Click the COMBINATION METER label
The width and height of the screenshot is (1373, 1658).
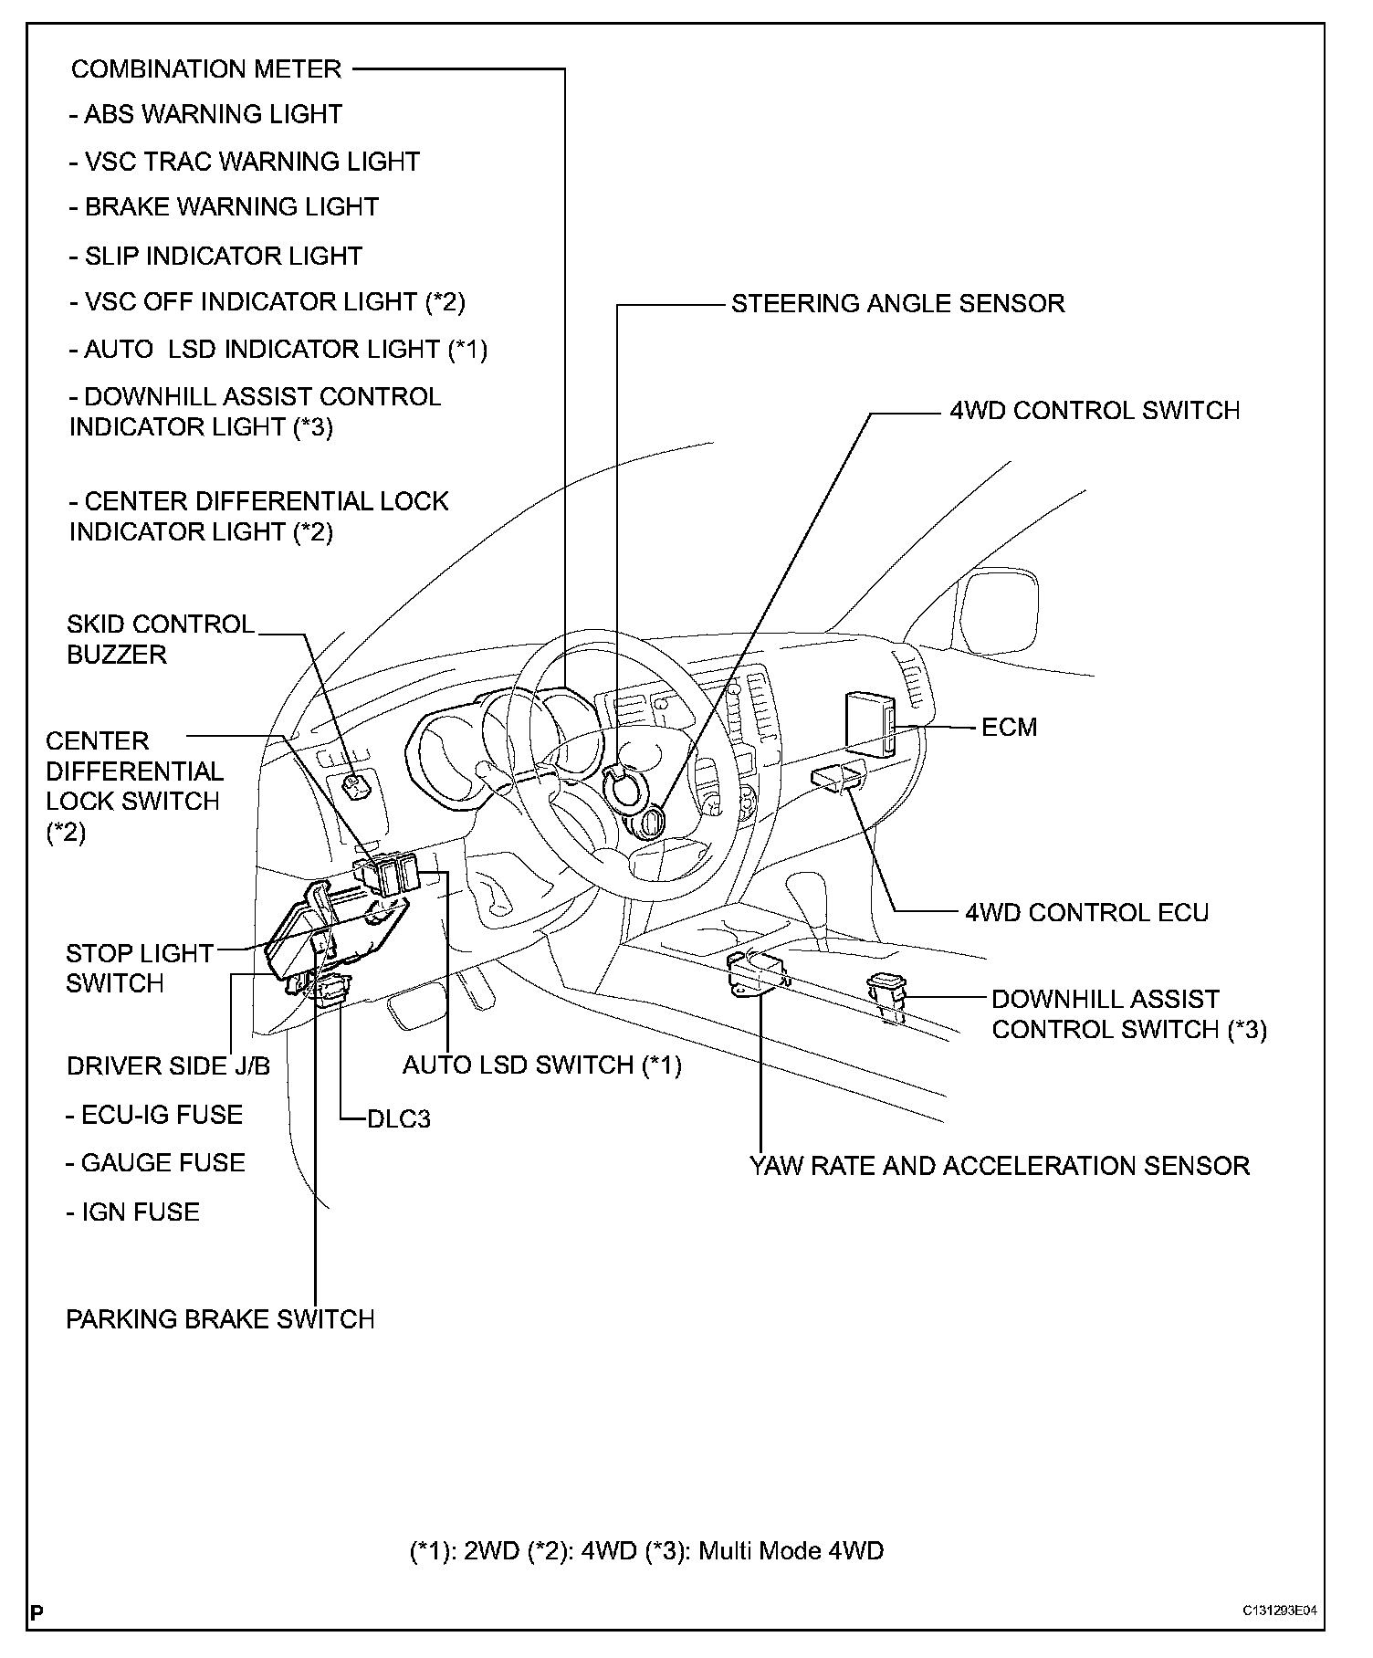tap(206, 69)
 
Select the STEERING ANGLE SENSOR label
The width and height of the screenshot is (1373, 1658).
tap(897, 303)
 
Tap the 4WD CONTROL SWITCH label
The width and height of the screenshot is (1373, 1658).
tap(1095, 411)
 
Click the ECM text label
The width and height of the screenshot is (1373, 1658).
tap(1010, 728)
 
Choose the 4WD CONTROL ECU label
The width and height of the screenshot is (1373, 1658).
tap(1086, 913)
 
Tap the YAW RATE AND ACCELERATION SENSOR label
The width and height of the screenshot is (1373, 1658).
tap(999, 1166)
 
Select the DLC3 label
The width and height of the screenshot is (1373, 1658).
tap(399, 1119)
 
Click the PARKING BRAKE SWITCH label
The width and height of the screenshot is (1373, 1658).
tap(220, 1319)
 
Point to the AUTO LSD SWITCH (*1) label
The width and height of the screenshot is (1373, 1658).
tap(542, 1065)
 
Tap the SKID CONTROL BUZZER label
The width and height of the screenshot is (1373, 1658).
tap(161, 639)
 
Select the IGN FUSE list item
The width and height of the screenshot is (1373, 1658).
tap(133, 1212)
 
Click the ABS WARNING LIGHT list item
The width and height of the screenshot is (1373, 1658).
tap(205, 115)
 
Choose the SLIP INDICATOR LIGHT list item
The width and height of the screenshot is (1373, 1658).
tap(215, 257)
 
